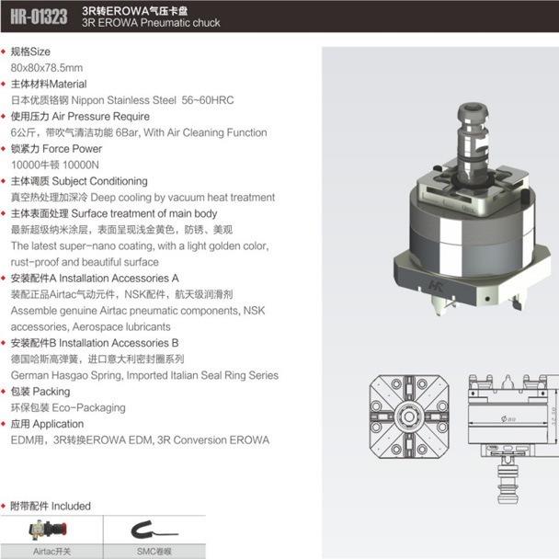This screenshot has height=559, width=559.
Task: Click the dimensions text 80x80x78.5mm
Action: [46, 68]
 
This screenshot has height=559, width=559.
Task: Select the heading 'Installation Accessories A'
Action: [120, 278]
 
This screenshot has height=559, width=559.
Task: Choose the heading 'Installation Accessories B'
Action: [120, 343]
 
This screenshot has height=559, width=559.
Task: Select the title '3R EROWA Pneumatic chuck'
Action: [151, 23]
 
